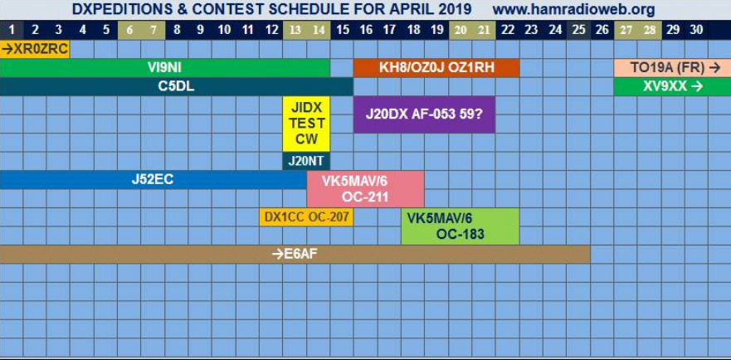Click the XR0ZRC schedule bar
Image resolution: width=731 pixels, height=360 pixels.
pyautogui.click(x=35, y=49)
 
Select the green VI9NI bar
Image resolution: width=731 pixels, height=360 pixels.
pyautogui.click(x=165, y=68)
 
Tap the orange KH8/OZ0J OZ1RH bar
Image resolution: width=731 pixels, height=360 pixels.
pyautogui.click(x=436, y=68)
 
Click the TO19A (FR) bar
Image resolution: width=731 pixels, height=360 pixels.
pyautogui.click(x=672, y=68)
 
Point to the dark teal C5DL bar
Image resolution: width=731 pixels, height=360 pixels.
pyautogui.click(x=177, y=87)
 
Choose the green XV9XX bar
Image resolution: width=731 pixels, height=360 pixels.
pyautogui.click(x=672, y=87)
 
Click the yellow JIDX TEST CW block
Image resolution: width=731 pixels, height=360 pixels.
pyautogui.click(x=306, y=124)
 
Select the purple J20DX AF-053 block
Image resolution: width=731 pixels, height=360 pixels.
pyautogui.click(x=424, y=114)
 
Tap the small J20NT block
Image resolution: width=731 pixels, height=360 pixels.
pyautogui.click(x=306, y=162)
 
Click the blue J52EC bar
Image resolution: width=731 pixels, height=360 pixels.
pyautogui.click(x=153, y=180)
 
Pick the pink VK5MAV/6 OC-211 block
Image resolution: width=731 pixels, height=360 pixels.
pyautogui.click(x=365, y=189)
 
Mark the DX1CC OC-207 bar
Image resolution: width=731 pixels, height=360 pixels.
pyautogui.click(x=306, y=217)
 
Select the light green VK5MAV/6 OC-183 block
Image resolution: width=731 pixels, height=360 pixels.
pyautogui.click(x=461, y=226)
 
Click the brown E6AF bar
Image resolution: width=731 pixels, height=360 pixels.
pyautogui.click(x=295, y=254)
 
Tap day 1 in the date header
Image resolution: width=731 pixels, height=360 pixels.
pyautogui.click(x=12, y=31)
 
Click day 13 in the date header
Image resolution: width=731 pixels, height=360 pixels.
pyautogui.click(x=295, y=31)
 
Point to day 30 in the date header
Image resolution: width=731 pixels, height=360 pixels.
pyautogui.click(x=696, y=31)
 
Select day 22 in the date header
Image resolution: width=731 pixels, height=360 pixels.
pyautogui.click(x=507, y=31)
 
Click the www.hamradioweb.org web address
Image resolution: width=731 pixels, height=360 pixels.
pyautogui.click(x=573, y=9)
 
